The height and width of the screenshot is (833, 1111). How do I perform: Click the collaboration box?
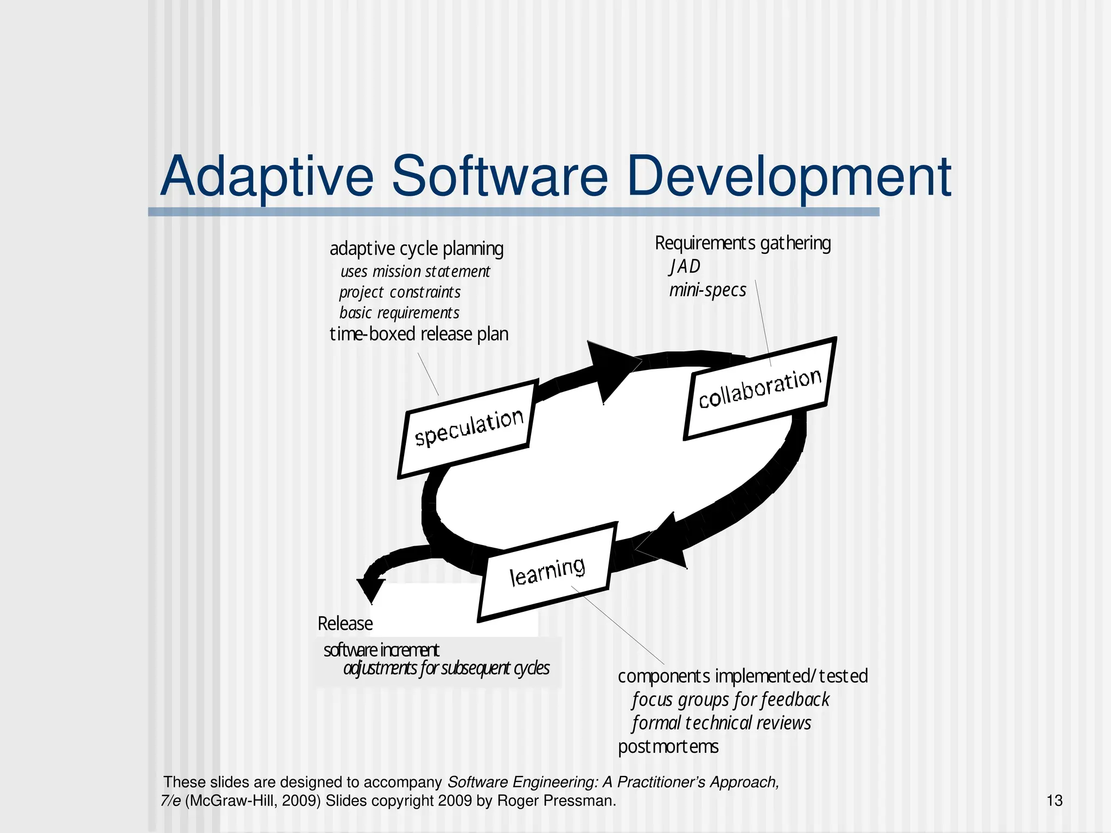(759, 388)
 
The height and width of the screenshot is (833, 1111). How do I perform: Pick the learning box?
(547, 572)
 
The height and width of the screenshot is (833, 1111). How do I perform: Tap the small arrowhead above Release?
(371, 588)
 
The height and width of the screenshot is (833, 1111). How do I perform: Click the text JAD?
(685, 266)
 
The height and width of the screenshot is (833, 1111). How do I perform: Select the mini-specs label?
(707, 290)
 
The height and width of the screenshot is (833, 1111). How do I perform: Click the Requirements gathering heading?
(742, 243)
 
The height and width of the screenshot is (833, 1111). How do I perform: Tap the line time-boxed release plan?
(419, 334)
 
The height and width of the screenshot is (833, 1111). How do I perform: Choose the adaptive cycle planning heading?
(416, 249)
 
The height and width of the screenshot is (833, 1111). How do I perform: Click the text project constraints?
(400, 292)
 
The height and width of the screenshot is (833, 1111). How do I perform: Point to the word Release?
(345, 624)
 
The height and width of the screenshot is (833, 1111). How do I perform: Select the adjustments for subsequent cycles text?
(446, 668)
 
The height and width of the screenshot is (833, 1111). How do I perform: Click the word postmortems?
(668, 747)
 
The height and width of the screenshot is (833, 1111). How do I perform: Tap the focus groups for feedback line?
(730, 700)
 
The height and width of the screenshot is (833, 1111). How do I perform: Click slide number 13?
(1054, 800)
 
